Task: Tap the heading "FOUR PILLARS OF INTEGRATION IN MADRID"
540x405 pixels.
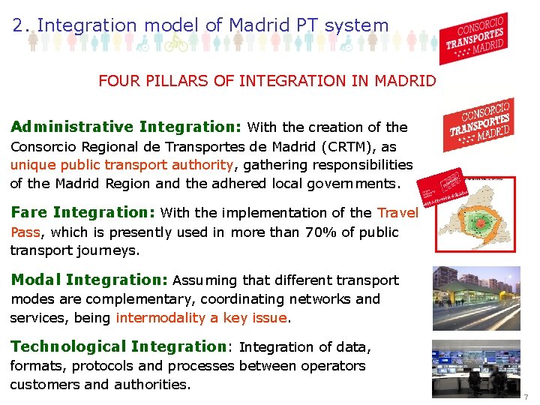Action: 267,80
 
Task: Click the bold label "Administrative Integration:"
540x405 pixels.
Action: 125,127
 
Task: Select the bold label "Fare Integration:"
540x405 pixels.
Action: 82,212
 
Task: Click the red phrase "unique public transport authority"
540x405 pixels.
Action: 121,165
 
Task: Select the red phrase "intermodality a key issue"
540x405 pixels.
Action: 201,317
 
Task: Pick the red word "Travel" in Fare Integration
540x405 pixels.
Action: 397,213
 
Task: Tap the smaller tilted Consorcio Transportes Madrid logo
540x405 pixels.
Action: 479,123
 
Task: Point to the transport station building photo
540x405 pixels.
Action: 476,298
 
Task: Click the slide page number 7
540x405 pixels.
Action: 526,396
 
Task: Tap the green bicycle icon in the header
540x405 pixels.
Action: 175,42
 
